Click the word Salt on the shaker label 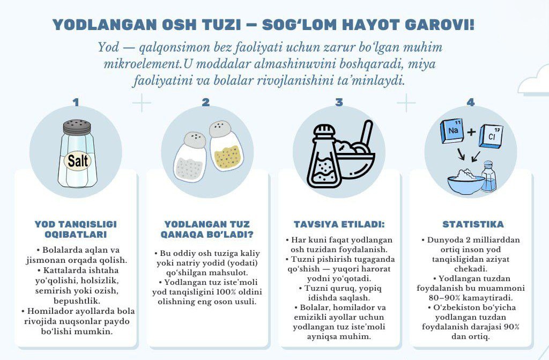click(x=78, y=160)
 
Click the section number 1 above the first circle click(x=76, y=102)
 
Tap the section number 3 click(x=339, y=102)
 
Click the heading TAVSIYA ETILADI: click(x=339, y=224)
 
